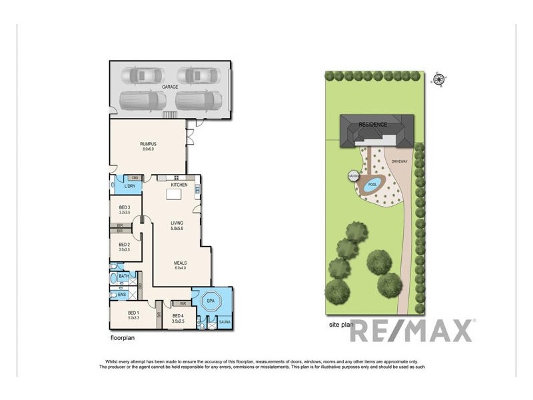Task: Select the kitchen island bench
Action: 175,195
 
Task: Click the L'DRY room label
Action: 130,186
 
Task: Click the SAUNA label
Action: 225,322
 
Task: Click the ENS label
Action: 122,294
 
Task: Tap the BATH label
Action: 124,276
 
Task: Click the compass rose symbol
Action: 439,80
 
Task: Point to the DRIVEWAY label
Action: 400,161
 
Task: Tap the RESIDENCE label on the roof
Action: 373,125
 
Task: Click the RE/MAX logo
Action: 412,331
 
